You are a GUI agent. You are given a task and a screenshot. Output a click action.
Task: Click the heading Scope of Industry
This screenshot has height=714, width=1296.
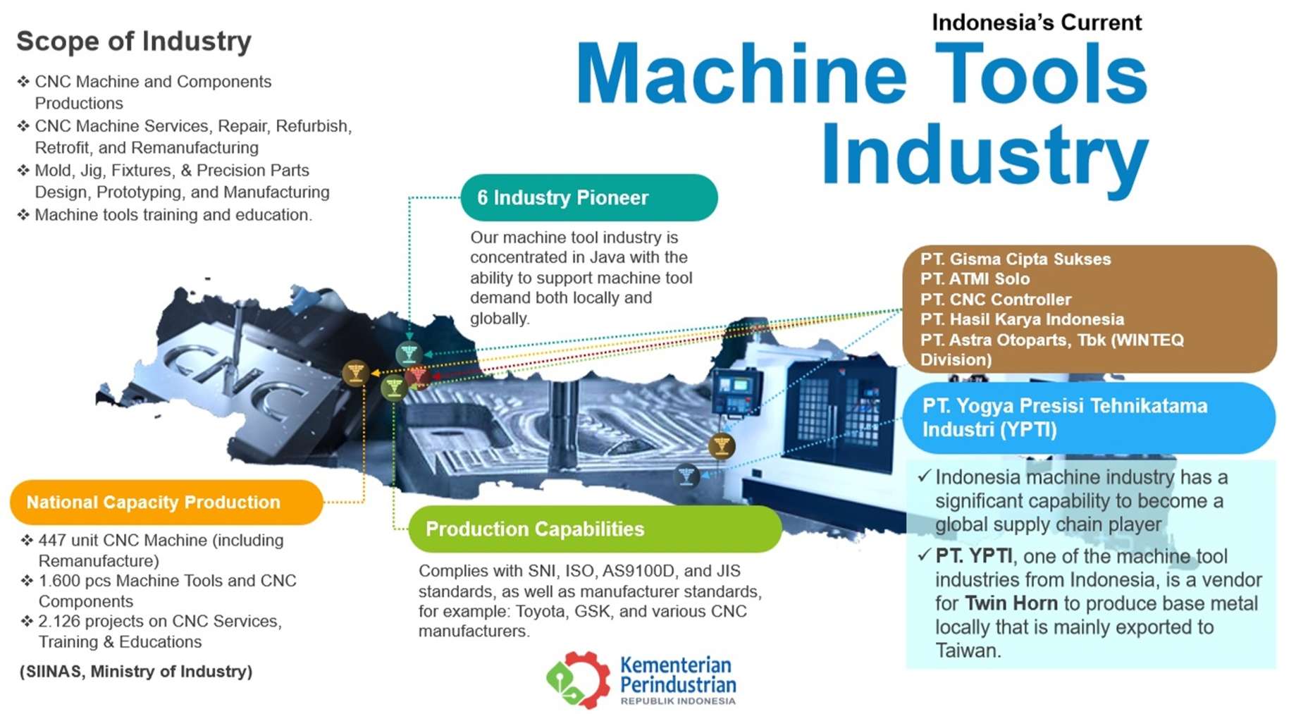point(134,42)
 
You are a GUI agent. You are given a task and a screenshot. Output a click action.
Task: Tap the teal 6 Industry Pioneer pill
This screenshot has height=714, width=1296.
point(588,198)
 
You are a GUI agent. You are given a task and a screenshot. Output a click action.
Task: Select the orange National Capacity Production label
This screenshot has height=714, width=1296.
point(166,503)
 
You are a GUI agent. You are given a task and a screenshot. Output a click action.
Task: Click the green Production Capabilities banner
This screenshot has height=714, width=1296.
point(594,529)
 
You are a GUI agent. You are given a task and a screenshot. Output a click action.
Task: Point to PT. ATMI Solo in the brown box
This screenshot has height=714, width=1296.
point(975,279)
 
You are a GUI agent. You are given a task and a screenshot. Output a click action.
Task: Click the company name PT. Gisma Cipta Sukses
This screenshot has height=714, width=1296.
point(1015,259)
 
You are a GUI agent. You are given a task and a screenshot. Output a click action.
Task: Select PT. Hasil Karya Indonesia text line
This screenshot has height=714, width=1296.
point(1022,320)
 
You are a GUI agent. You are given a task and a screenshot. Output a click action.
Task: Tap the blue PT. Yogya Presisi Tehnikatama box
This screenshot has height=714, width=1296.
point(1088,418)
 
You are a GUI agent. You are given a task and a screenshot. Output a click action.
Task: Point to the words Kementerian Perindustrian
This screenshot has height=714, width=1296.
point(677,675)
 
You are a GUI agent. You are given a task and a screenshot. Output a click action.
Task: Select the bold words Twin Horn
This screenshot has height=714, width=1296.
point(1011,604)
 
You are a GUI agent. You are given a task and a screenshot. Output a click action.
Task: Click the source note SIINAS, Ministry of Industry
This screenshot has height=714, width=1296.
point(136,672)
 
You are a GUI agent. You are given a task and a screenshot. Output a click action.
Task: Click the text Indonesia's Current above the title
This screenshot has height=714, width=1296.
point(1036,23)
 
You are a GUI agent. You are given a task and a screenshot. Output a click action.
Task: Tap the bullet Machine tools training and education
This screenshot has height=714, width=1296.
point(173,215)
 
